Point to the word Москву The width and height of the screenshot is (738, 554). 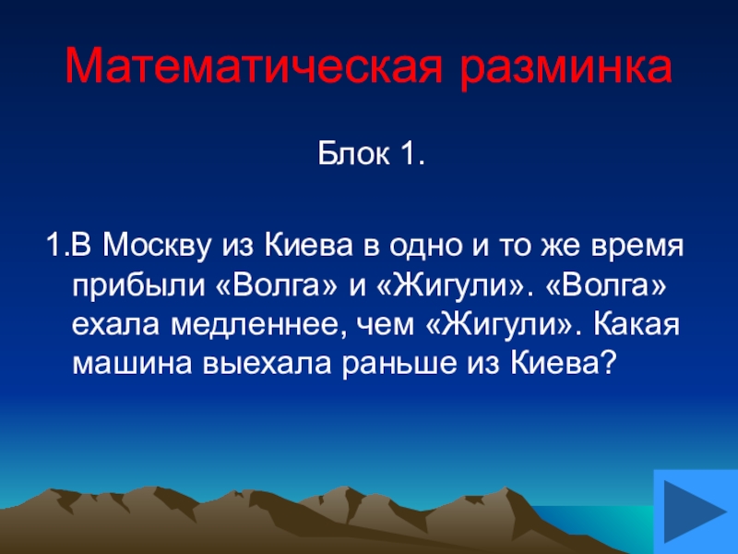[x=157, y=247]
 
